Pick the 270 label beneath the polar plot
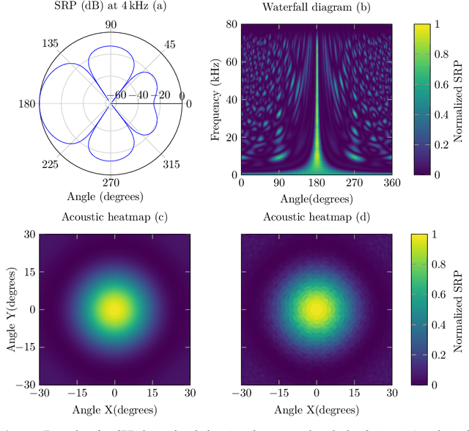click(110, 182)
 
